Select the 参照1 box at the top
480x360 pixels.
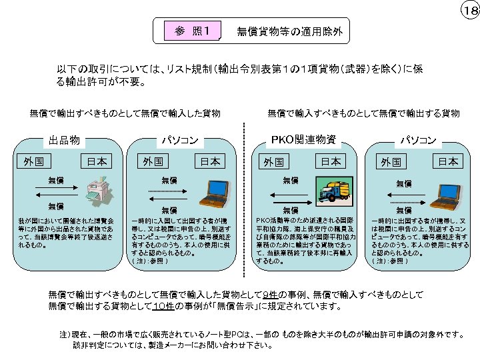click(192, 31)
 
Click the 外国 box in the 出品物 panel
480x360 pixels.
click(33, 161)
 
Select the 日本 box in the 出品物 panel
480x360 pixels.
click(95, 161)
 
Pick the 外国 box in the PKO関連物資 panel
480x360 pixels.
click(273, 161)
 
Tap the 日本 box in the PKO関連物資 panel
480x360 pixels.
click(329, 161)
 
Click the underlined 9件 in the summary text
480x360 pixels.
click(270, 295)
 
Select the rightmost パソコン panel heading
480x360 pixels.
click(417, 140)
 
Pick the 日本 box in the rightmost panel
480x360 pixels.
click(448, 161)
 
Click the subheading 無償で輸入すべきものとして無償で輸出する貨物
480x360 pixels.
click(363, 113)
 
